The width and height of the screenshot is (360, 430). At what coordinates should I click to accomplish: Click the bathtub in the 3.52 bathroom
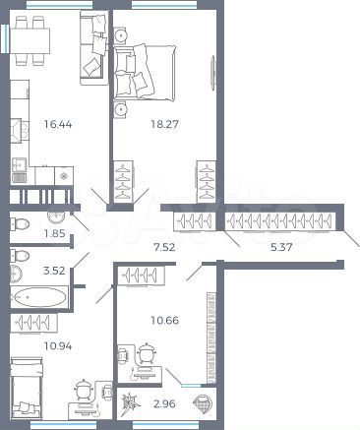click(40, 295)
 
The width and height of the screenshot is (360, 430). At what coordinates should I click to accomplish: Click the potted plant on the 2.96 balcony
click(129, 402)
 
